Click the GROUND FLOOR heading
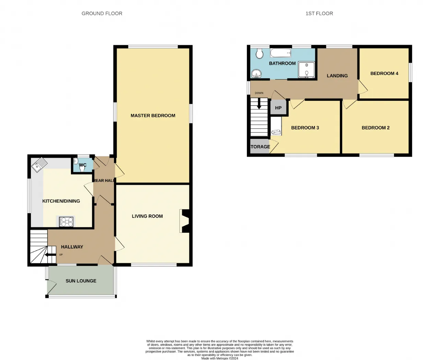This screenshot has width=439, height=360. [102, 13]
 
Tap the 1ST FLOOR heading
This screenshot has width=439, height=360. [319, 13]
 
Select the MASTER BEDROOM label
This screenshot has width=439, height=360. [153, 116]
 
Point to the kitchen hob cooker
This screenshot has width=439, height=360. [66, 221]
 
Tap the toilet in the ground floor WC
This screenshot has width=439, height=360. [82, 168]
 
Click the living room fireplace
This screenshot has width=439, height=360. [185, 221]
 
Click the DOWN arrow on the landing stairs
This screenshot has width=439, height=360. [259, 104]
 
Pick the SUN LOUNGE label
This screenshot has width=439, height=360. [81, 281]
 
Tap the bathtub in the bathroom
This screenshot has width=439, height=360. [281, 53]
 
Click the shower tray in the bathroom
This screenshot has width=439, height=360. [306, 70]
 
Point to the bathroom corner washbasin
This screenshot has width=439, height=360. [256, 73]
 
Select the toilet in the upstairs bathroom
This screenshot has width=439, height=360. [259, 53]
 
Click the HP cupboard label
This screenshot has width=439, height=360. [278, 108]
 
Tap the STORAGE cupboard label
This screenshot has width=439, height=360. [260, 147]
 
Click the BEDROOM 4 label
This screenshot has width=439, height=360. [384, 73]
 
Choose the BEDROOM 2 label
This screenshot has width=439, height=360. [376, 128]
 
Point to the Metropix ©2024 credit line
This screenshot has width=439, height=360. [219, 358]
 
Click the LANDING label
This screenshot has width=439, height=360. [337, 76]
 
